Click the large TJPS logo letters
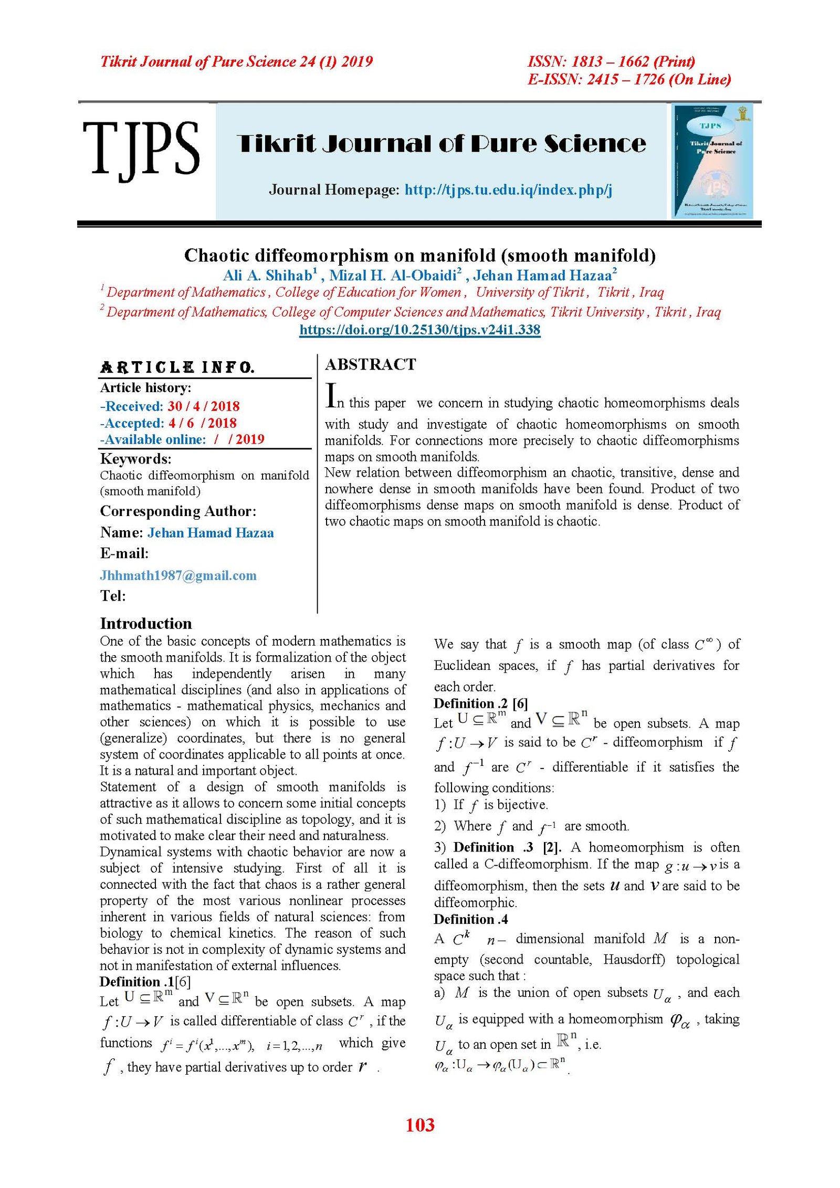141,149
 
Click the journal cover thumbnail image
712,161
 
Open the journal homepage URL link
508,190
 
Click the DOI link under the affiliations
419,330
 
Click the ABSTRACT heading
371,364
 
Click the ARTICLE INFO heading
177,367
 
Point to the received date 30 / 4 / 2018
204,406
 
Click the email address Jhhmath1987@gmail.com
178,575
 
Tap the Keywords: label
135,459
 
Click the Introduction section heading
146,624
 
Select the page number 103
420,1124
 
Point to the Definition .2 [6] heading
480,703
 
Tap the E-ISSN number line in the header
629,79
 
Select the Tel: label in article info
113,596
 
